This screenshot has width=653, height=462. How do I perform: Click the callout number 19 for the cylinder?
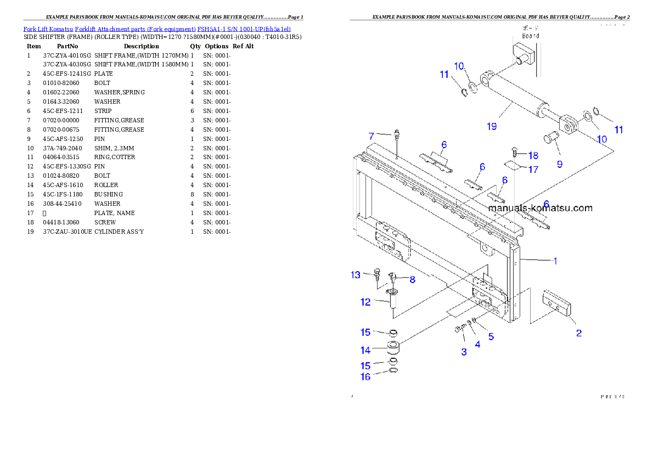pyautogui.click(x=491, y=126)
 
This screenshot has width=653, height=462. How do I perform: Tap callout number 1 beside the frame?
pyautogui.click(x=555, y=261)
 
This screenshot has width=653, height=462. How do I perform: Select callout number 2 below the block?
pyautogui.click(x=578, y=333)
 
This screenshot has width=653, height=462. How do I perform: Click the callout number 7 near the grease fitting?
pyautogui.click(x=371, y=135)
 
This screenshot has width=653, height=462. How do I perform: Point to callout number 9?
pyautogui.click(x=559, y=164)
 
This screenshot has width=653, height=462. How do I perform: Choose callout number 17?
pyautogui.click(x=533, y=170)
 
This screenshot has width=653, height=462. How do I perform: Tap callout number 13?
pyautogui.click(x=356, y=274)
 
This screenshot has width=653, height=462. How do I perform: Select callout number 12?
pyautogui.click(x=365, y=302)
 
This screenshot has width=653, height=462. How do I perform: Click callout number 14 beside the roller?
pyautogui.click(x=365, y=350)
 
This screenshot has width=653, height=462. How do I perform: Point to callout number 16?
pyautogui.click(x=365, y=377)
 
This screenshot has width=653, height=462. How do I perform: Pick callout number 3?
pyautogui.click(x=464, y=352)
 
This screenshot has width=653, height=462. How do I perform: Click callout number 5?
pyautogui.click(x=491, y=336)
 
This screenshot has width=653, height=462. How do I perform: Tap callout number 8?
pyautogui.click(x=412, y=279)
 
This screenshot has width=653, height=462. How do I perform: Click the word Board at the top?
pyautogui.click(x=530, y=36)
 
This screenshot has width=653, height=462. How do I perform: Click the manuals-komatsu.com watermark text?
pyautogui.click(x=540, y=208)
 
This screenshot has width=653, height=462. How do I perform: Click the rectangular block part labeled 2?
pyautogui.click(x=556, y=305)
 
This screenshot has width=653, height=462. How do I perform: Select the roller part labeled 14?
pyautogui.click(x=393, y=348)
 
